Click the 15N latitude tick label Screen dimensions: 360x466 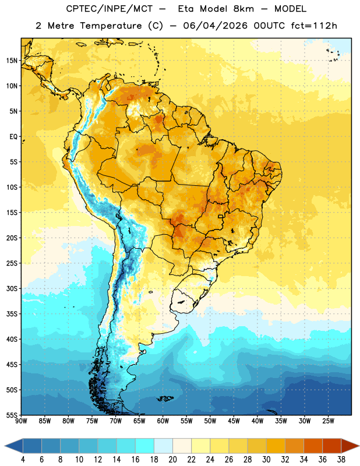click(x=12, y=61)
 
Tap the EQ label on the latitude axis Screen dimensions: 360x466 click(x=13, y=137)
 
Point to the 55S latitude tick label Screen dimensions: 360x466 click(x=12, y=415)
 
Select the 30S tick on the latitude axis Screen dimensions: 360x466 click(x=12, y=288)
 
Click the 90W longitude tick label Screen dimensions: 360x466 click(x=21, y=421)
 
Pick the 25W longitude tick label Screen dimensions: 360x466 click(x=328, y=421)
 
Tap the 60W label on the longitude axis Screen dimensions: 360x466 click(x=163, y=421)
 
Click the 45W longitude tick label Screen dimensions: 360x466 click(x=234, y=421)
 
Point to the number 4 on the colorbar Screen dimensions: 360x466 click(x=23, y=460)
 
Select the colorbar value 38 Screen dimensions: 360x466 click(x=341, y=460)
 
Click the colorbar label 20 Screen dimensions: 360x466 click(x=172, y=460)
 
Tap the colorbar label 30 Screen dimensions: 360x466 click(x=266, y=460)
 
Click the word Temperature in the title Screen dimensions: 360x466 click(x=111, y=26)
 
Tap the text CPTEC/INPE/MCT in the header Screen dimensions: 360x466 click(x=110, y=9)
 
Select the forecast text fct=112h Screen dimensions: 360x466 click(x=314, y=26)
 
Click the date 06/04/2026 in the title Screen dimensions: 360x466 click(x=215, y=26)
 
